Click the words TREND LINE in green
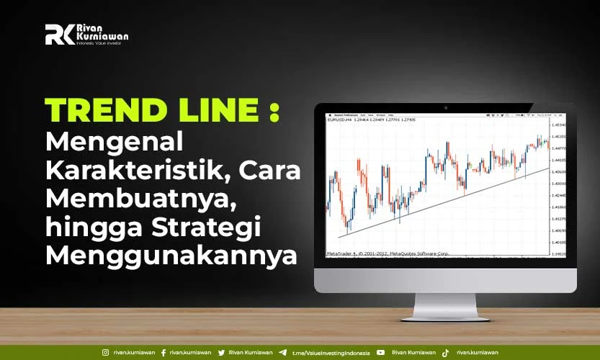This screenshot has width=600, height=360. [x=151, y=110]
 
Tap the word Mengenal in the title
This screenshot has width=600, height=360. [x=115, y=140]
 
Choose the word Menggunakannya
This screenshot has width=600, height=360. [x=171, y=256]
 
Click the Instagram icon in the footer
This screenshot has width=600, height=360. [x=106, y=353]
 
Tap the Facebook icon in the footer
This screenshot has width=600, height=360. [x=164, y=353]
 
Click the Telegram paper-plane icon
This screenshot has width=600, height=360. [x=282, y=353]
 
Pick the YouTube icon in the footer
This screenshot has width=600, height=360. [x=380, y=353]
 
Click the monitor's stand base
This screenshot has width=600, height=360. [x=445, y=314]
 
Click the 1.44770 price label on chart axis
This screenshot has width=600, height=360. [x=558, y=148]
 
